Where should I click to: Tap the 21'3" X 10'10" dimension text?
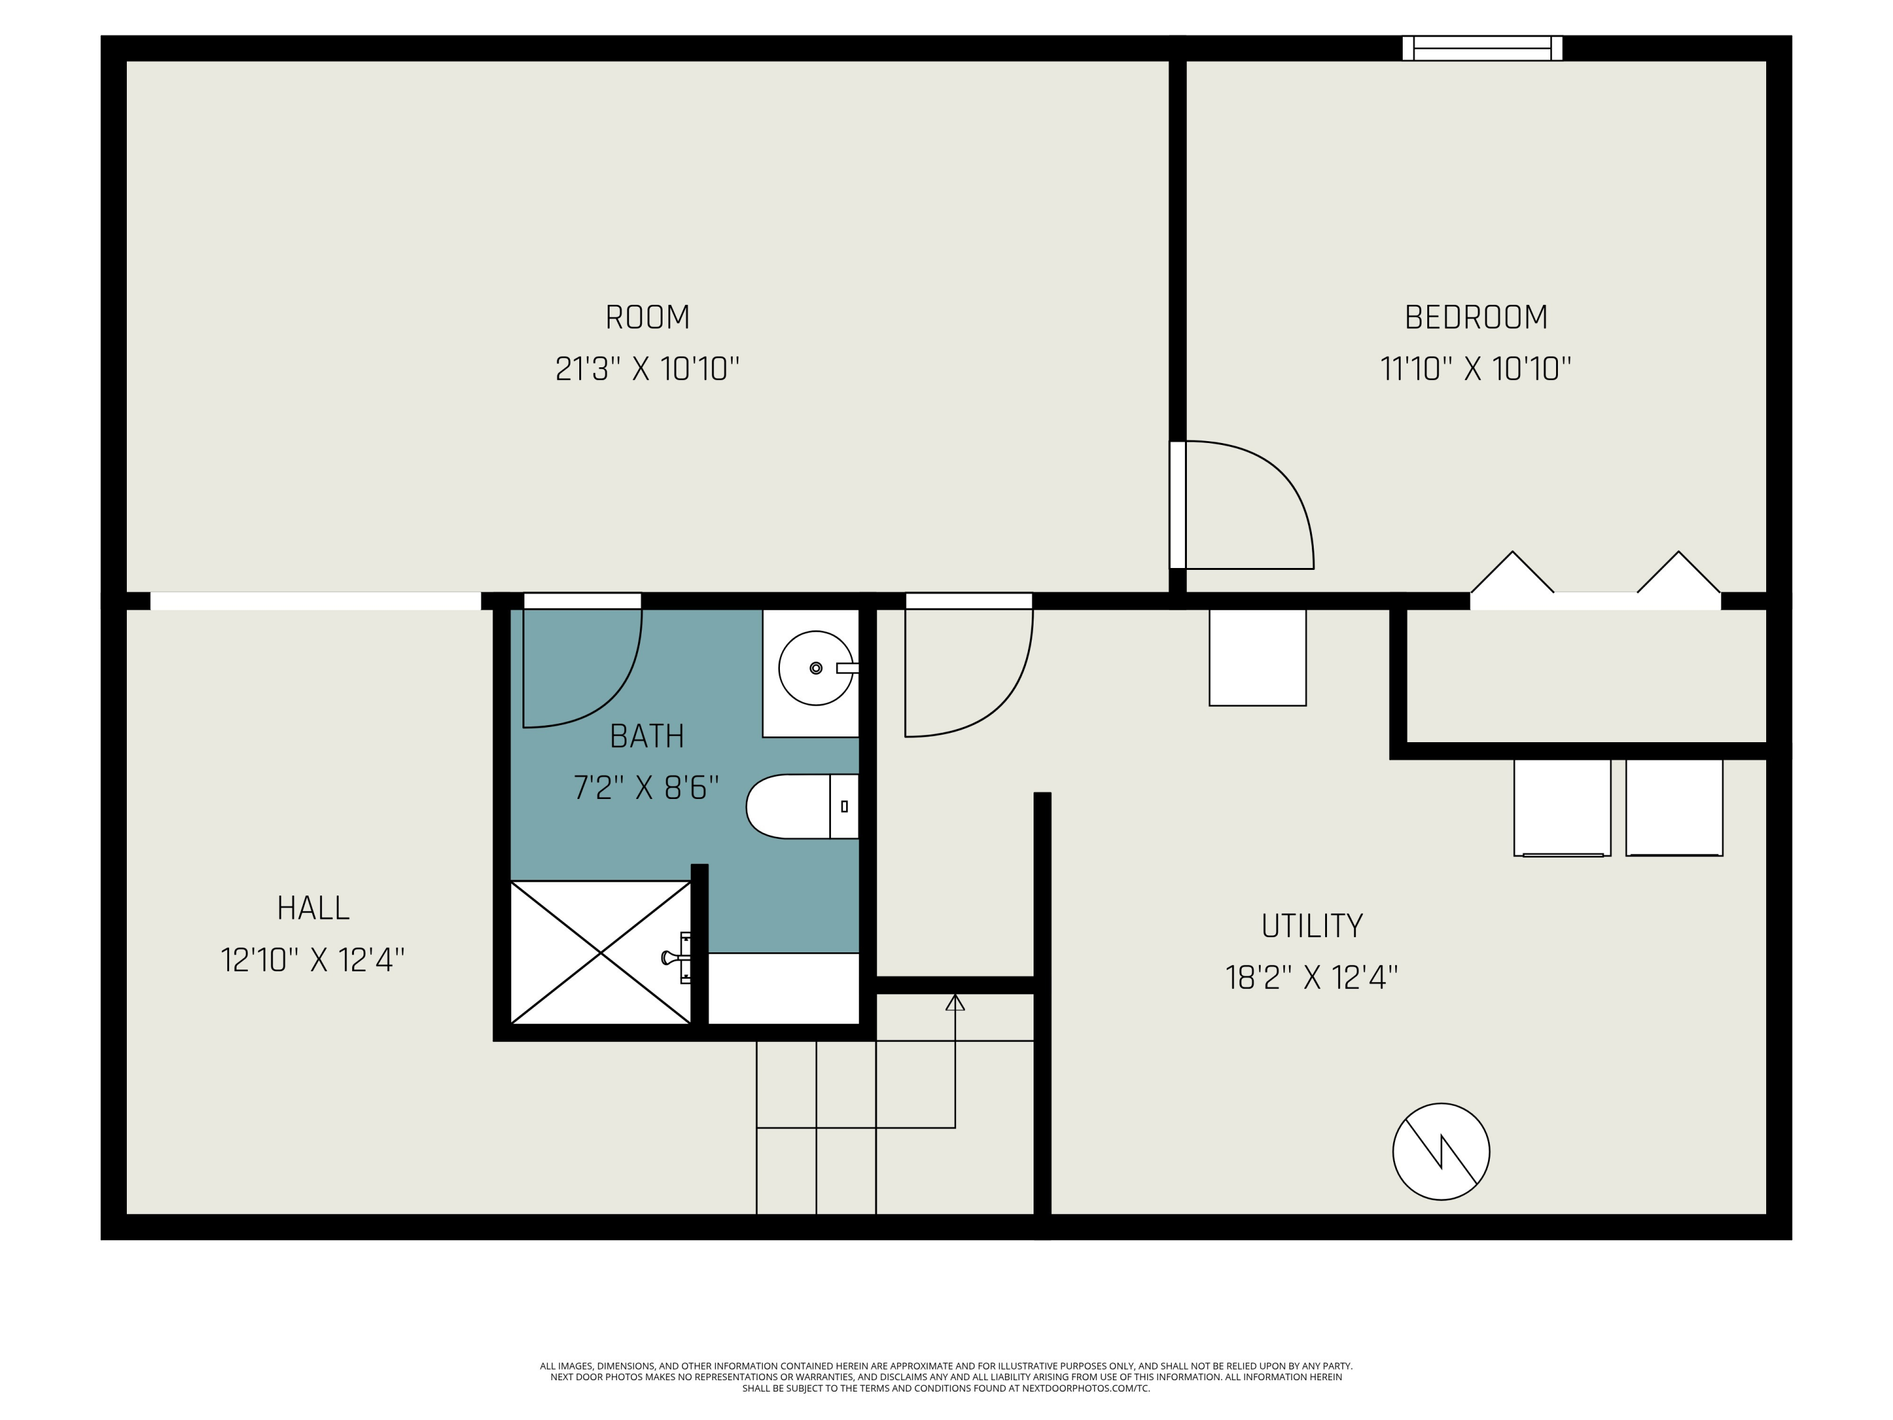coord(647,369)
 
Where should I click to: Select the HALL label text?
coord(313,908)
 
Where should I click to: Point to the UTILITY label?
coord(1312,926)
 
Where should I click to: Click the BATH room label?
coord(647,736)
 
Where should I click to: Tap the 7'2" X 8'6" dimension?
coord(647,788)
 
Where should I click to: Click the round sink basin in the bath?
coord(815,668)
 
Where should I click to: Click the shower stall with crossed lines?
coord(601,952)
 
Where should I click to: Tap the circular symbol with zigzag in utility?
coord(1441,1151)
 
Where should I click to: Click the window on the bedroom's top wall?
coord(1482,49)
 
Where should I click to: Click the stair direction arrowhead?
coord(955,1002)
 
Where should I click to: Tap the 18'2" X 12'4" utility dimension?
coord(1312,978)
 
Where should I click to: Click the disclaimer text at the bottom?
coord(946,1377)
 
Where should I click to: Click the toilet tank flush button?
coord(845,807)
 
